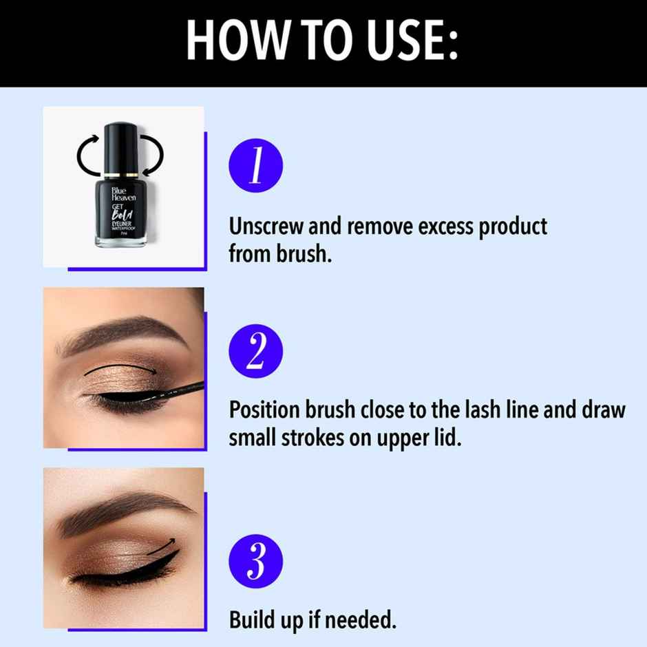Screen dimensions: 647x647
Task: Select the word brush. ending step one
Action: coord(304,254)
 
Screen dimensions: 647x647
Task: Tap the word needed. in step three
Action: coord(361,621)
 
